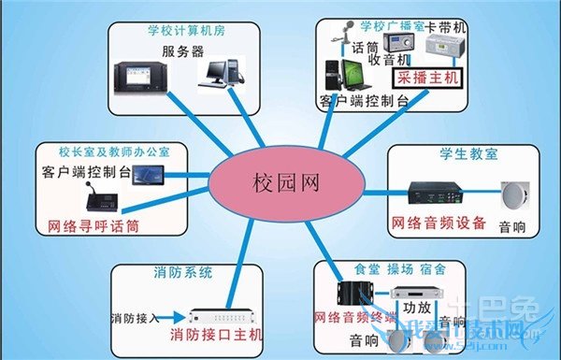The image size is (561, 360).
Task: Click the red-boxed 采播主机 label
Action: (x=425, y=80)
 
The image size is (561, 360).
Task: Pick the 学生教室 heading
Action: (x=454, y=151)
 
